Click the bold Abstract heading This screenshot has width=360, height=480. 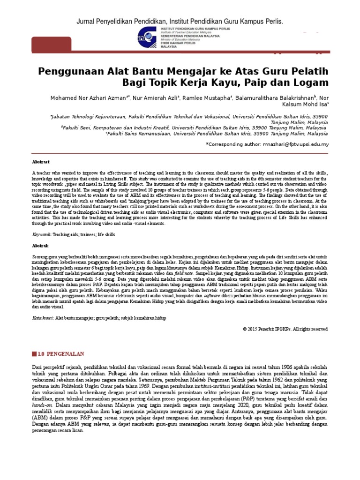click(x=40, y=161)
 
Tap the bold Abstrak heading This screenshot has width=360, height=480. click(x=40, y=245)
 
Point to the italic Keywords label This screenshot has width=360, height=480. click(x=41, y=234)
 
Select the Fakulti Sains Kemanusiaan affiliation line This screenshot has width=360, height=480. click(x=217, y=133)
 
